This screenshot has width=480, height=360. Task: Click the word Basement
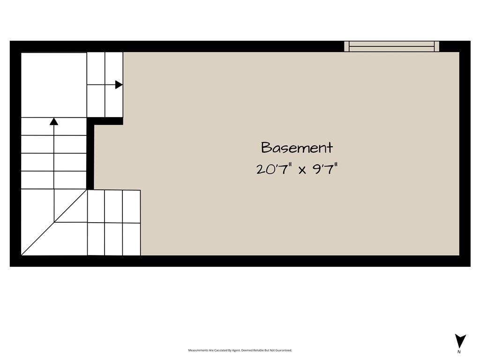(297, 148)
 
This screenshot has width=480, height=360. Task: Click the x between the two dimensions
(302, 170)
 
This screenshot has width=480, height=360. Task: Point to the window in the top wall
(391, 46)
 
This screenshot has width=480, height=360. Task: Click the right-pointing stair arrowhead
(119, 84)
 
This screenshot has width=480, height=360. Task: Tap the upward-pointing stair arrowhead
(54, 121)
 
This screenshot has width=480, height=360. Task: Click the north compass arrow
(460, 341)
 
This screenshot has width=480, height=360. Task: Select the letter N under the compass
(459, 352)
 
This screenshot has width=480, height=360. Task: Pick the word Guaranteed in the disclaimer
(285, 350)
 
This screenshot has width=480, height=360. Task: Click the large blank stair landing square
(54, 85)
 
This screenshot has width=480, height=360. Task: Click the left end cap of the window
(346, 46)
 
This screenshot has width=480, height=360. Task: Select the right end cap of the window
(437, 46)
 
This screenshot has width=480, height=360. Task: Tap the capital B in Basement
(265, 148)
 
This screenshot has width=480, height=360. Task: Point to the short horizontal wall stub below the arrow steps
(105, 121)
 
